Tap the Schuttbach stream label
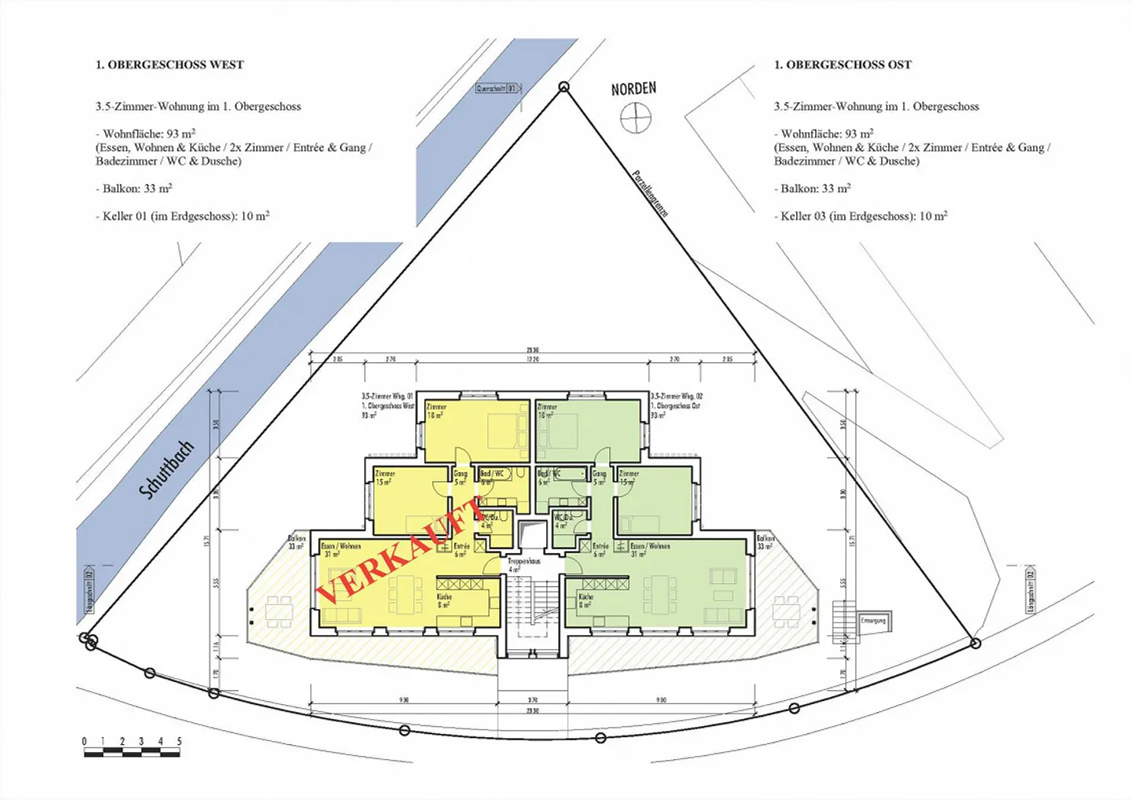(x=166, y=469)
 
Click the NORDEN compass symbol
(x=635, y=118)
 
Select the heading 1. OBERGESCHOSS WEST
(x=170, y=64)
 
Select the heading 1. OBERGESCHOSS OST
(x=843, y=64)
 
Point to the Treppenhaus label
(x=524, y=561)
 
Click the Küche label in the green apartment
(x=586, y=597)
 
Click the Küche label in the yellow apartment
(x=444, y=597)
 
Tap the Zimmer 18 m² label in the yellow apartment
(x=436, y=410)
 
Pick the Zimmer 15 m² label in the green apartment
(x=629, y=478)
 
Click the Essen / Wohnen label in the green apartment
(x=650, y=546)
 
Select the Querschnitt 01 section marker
(x=498, y=89)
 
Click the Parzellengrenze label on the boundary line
(x=650, y=193)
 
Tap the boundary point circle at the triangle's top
(x=564, y=87)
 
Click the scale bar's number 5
(x=179, y=741)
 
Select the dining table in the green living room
(x=662, y=594)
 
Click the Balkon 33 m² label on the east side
(x=765, y=542)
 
